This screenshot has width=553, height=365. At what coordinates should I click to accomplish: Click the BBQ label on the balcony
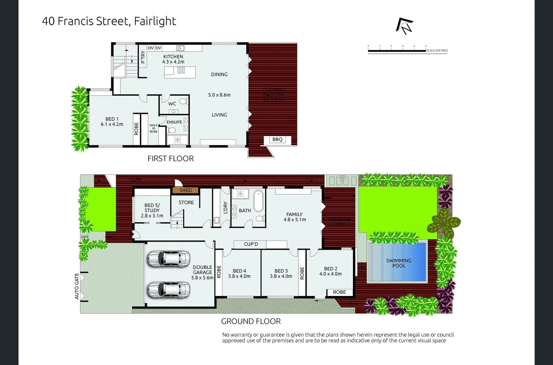point(277,140)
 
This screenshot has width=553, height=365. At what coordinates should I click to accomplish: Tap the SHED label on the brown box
point(185,190)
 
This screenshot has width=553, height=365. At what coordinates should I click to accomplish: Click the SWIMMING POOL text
point(399,263)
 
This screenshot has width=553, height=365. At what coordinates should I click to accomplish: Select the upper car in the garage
point(169,259)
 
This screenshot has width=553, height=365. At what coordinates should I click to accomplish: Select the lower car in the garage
point(169,290)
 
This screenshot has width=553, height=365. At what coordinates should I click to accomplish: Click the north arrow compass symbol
point(405,26)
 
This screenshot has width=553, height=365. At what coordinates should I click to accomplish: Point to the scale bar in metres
point(397,51)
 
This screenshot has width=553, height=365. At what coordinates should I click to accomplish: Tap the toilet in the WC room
point(183,101)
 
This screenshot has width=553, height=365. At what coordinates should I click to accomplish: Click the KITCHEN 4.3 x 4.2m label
point(173,59)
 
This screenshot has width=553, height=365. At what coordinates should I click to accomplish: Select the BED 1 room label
point(112,122)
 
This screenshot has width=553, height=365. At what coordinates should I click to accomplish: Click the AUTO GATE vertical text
point(77,286)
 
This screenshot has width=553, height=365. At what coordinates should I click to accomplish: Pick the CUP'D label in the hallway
point(251,244)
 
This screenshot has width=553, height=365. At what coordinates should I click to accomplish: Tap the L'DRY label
point(226,208)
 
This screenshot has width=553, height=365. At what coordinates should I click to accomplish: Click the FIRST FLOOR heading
point(171,159)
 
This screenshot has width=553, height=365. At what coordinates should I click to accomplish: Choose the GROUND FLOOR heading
point(251,321)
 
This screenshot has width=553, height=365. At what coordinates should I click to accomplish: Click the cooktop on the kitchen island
point(181,70)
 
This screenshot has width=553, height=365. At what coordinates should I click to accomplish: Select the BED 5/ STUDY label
point(152,210)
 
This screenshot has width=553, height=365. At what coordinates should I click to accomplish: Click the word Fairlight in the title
point(155,21)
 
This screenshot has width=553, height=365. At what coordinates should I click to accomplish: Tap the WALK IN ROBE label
point(154,128)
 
